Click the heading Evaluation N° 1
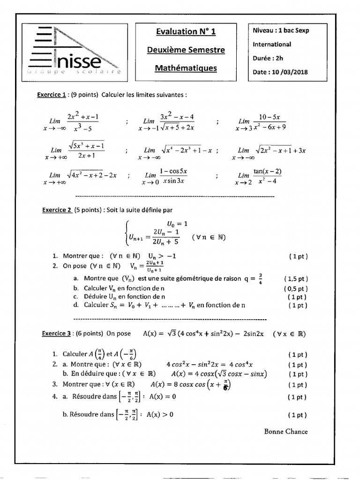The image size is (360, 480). point(186,31)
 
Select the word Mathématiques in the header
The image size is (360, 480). point(186,68)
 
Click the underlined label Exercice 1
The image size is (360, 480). point(51,94)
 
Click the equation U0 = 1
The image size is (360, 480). point(177,224)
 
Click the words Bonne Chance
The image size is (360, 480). point(286,431)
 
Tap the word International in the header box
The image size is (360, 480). point(272,45)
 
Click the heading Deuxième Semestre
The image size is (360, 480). point(186,50)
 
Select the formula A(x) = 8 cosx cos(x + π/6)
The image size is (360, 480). point(191,384)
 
